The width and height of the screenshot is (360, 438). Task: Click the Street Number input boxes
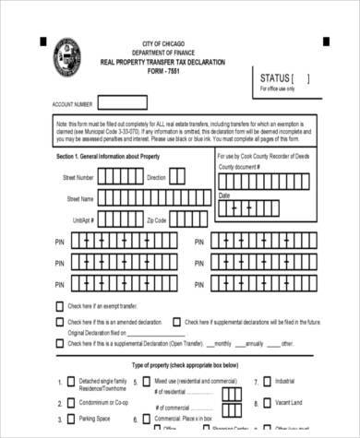119,177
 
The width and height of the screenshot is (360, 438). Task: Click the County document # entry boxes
268,179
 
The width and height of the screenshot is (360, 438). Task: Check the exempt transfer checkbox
61,305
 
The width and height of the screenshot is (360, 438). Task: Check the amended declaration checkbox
61,322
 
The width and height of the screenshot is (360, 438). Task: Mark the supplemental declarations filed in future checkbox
178,322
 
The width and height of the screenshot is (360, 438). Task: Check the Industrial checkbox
266,381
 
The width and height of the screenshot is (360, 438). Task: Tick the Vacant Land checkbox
266,402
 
